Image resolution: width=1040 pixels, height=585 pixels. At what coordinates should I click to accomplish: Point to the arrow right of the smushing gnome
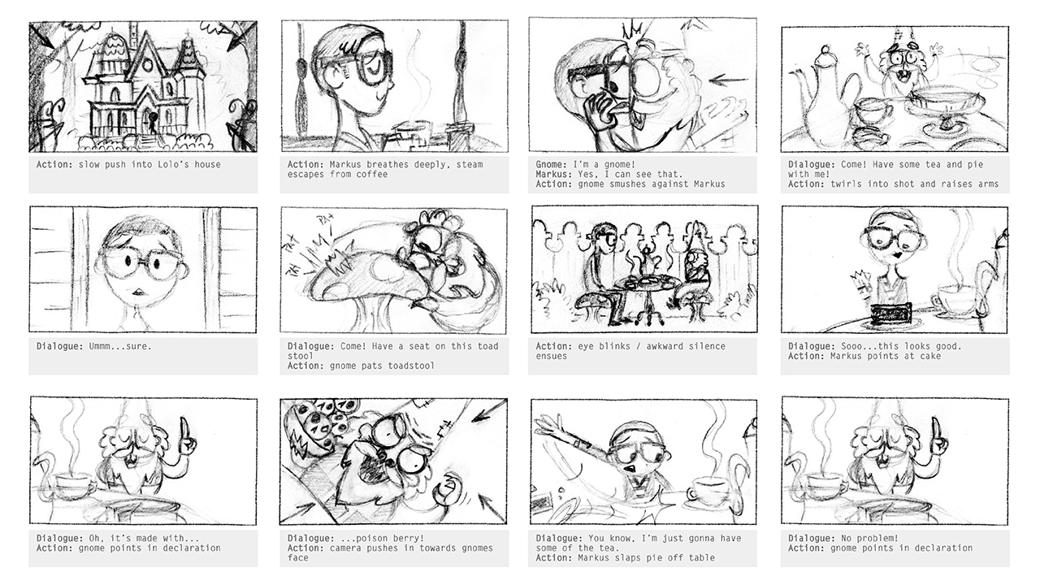729,80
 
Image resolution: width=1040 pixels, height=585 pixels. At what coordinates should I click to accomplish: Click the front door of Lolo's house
148,122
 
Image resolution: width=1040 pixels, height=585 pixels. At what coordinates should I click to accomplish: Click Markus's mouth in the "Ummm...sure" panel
137,292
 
